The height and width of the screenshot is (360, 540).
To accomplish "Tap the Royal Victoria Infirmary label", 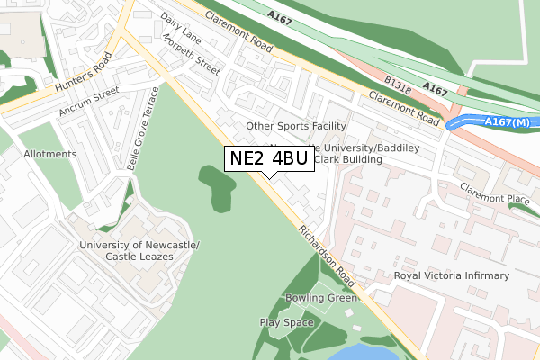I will click(452, 275).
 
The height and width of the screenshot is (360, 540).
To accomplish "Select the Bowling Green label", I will click(321, 298).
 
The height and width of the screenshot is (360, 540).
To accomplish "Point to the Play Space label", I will click(286, 322).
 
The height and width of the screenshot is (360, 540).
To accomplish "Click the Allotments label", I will click(50, 154).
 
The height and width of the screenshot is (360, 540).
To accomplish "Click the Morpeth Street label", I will click(191, 55).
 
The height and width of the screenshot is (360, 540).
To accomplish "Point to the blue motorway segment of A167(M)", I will click(468, 121).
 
